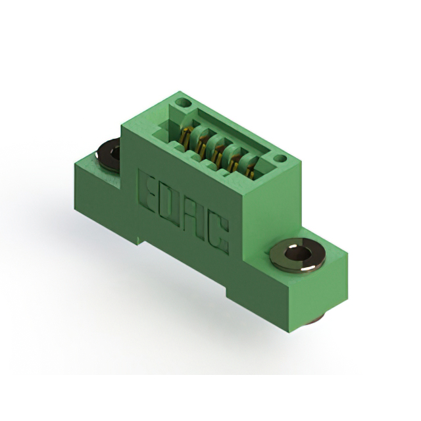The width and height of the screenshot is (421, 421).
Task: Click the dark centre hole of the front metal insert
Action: point(297,253)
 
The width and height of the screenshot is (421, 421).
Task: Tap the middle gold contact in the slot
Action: point(217,153)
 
